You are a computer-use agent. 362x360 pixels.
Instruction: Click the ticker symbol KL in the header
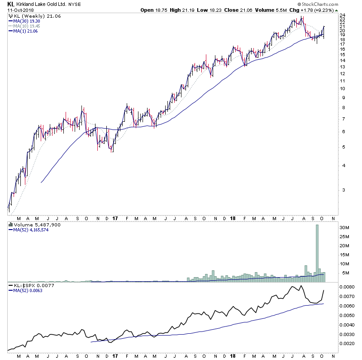10,5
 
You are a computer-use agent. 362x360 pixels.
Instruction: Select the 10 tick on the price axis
343,88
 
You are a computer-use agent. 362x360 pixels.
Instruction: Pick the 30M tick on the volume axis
345,227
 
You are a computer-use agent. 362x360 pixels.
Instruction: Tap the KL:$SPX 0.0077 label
31,287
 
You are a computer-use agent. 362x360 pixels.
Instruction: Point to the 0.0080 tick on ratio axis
347,287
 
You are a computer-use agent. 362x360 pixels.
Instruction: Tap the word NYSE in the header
74,5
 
